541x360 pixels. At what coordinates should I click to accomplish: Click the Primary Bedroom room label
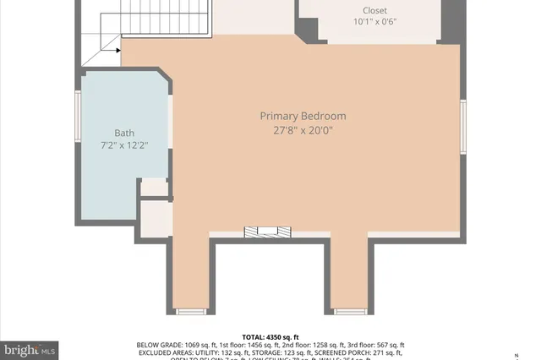click(303, 116)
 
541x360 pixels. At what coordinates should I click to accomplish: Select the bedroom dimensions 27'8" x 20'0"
click(303, 130)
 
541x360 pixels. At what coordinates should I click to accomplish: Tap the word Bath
click(124, 133)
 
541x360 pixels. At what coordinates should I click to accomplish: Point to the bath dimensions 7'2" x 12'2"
click(124, 146)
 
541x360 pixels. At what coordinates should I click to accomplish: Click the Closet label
click(369, 11)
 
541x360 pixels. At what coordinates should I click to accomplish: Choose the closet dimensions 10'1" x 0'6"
click(369, 24)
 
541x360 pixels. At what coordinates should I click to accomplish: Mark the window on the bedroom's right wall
click(462, 127)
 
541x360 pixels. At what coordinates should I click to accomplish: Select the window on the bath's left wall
click(78, 117)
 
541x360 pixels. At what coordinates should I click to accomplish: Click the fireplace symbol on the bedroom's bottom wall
click(267, 232)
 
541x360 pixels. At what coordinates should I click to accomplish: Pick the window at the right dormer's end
click(349, 312)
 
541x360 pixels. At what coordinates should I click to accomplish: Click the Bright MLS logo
click(30, 349)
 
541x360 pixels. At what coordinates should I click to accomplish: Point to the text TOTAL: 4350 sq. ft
click(270, 335)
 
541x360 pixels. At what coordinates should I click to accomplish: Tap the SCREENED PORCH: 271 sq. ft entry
click(356, 353)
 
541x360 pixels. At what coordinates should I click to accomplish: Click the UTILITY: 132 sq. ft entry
click(223, 353)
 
